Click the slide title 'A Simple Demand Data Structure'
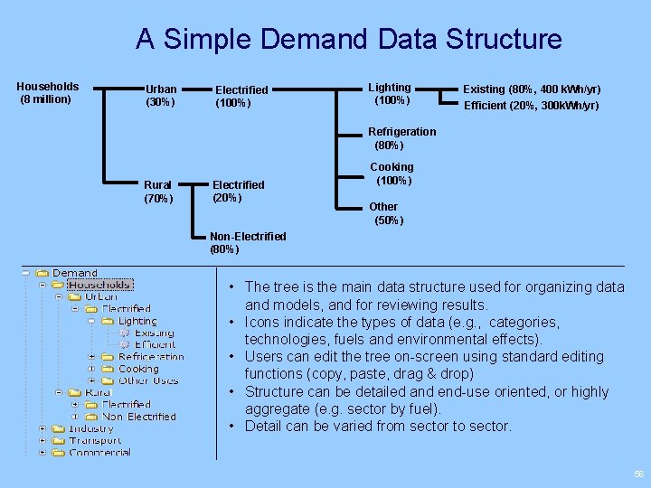(349, 39)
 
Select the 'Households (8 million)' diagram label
(48, 93)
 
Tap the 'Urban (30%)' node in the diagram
(161, 96)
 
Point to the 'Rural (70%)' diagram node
(158, 192)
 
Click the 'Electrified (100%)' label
(241, 96)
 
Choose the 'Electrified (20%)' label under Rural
(238, 191)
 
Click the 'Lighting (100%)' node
(389, 93)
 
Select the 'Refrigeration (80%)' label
(401, 138)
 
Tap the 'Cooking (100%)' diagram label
(392, 174)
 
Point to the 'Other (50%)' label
(386, 213)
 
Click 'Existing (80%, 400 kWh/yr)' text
(532, 89)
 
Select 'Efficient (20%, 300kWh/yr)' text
(531, 106)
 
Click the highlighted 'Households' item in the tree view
(100, 285)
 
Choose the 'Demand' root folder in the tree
(74, 273)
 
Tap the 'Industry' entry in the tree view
(91, 428)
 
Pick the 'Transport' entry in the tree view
(95, 440)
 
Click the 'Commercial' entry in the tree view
(99, 452)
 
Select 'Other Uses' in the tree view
(148, 380)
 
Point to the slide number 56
(639, 474)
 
